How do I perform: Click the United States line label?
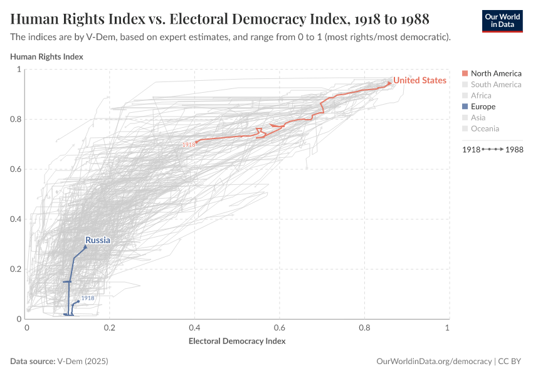click(x=420, y=80)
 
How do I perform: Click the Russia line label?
click(x=98, y=240)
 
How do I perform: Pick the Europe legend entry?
click(x=483, y=107)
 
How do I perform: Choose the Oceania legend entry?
click(x=485, y=128)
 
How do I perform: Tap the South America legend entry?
click(x=495, y=85)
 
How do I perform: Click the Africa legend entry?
click(x=481, y=95)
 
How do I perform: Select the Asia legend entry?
click(x=478, y=117)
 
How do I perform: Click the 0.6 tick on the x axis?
click(x=279, y=328)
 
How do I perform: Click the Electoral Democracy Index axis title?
click(x=237, y=342)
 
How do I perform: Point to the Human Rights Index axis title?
click(x=47, y=56)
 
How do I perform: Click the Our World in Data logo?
click(x=502, y=21)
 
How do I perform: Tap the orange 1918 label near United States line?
click(x=188, y=145)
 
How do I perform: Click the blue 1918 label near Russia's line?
click(x=88, y=298)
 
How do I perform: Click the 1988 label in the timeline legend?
click(x=514, y=150)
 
